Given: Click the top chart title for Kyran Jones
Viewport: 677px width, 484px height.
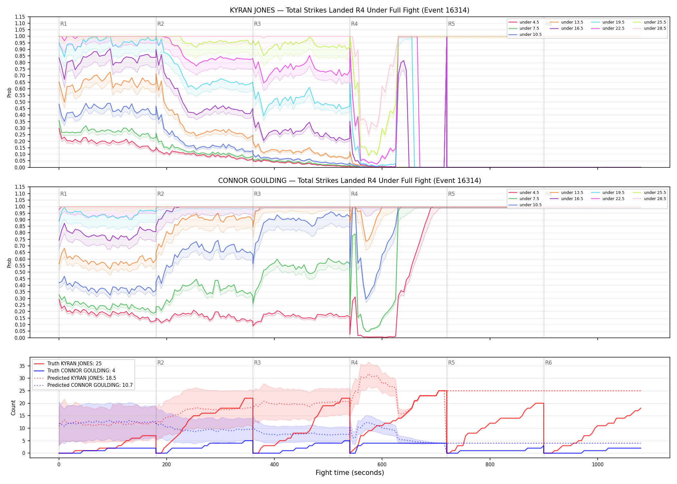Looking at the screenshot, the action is pos(349,10).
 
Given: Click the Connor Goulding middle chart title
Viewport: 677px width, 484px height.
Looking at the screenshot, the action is pos(349,181).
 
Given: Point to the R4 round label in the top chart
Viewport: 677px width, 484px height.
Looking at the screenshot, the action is pos(354,24).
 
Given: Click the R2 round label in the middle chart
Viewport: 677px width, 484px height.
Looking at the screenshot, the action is pos(161,194).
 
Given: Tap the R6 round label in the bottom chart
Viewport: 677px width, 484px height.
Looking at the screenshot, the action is pos(548,363).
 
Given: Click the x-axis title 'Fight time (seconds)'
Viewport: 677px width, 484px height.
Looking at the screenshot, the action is pos(350,473).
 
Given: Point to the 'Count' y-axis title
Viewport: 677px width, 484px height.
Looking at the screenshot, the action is pos(13,408).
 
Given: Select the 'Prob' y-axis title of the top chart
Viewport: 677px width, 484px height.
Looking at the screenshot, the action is pos(9,93).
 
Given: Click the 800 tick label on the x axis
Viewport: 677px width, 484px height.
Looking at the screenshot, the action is pos(490,464).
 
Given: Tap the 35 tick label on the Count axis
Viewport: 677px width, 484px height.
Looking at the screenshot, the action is pos(22,366).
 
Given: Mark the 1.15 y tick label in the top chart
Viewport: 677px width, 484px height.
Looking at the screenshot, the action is pos(20,17).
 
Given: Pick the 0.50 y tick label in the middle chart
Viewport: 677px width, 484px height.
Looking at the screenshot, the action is pos(20,272).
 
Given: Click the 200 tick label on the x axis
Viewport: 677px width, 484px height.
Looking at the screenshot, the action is pos(167,464).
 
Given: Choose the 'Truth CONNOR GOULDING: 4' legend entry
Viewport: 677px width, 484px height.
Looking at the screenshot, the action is pos(81,371).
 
